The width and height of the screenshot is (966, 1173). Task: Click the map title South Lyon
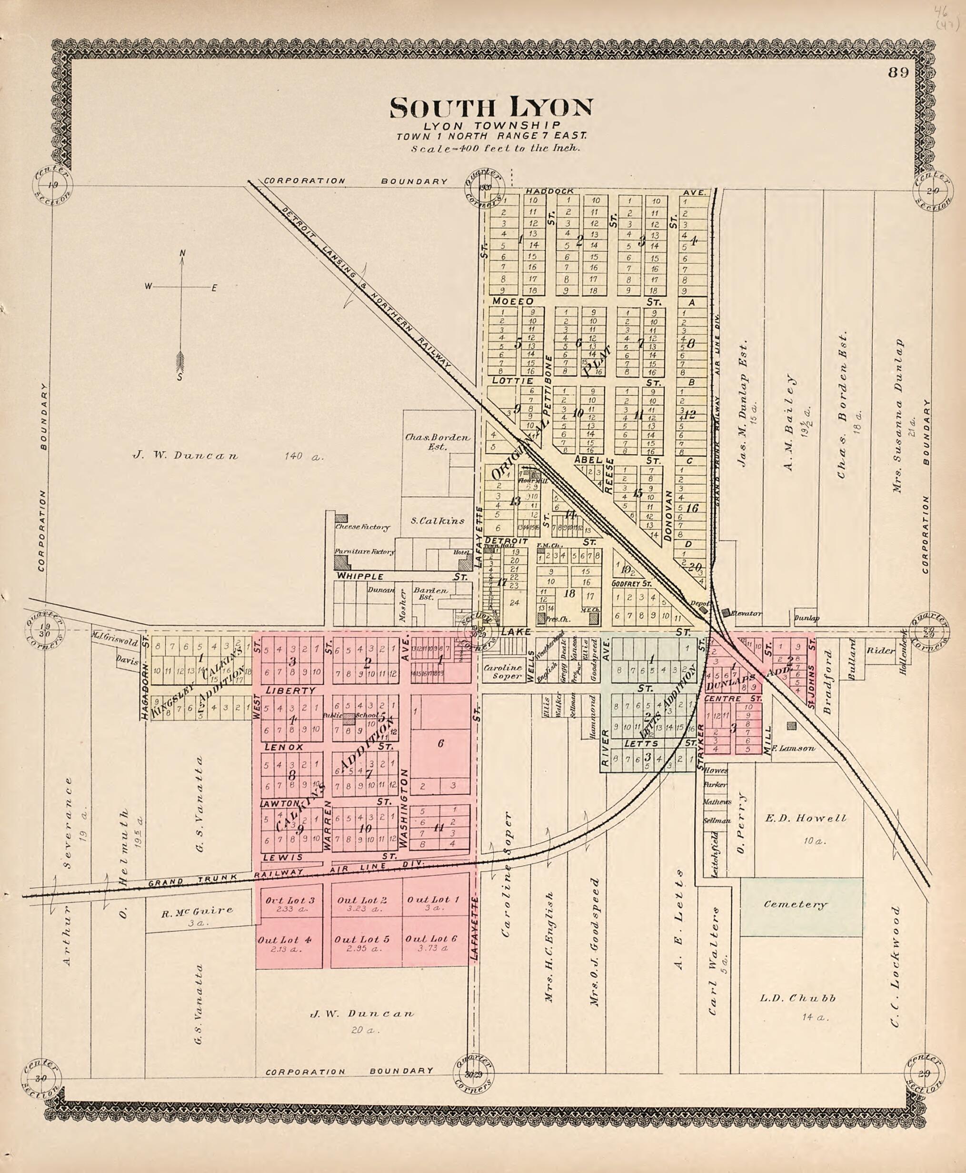491,108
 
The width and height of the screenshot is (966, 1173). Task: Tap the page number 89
898,72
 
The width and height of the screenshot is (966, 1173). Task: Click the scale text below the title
495,149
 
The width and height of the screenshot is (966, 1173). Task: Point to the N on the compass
182,254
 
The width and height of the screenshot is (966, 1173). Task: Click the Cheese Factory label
362,527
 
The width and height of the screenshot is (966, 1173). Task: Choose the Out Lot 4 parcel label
284,939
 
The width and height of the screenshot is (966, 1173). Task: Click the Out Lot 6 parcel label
431,939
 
